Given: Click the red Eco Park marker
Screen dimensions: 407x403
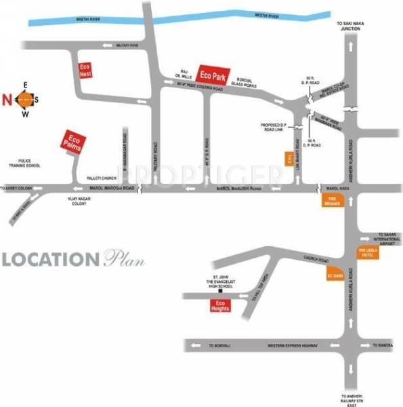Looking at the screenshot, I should (x=213, y=74).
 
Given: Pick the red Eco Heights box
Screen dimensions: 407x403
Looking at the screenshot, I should (x=219, y=306).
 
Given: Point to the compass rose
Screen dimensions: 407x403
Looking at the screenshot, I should (x=24, y=99).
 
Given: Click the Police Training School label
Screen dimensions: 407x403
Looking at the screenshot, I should (x=24, y=165).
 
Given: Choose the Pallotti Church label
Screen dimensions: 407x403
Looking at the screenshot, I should (x=102, y=178).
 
